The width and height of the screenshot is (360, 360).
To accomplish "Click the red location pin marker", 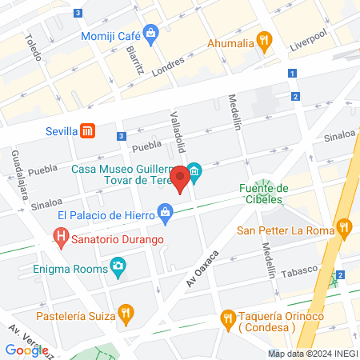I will (x=181, y=178).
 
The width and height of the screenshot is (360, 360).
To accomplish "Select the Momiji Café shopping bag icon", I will (x=151, y=33).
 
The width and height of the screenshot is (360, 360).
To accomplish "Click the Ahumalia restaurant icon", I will (x=263, y=42).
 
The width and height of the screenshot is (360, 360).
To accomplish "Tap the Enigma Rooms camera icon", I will (x=118, y=266).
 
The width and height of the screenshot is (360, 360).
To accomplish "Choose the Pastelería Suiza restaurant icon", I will (x=126, y=312).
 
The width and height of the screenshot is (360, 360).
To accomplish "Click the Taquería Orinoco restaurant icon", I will (x=228, y=318).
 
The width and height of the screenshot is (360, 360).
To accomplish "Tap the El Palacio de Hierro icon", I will (x=165, y=213).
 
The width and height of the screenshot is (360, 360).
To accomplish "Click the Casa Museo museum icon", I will (x=194, y=171).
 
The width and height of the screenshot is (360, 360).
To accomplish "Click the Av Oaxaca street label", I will (x=203, y=266).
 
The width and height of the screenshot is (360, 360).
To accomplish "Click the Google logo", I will (x=26, y=350).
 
